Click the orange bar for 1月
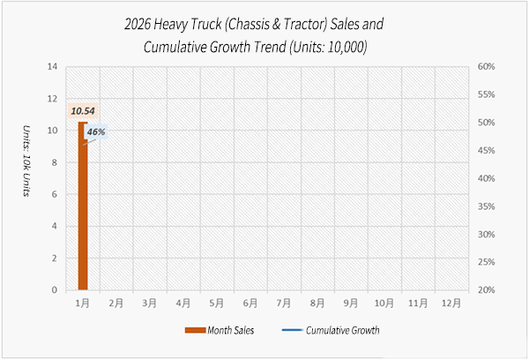pos(83,207)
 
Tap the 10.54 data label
pos(82,111)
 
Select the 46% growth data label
pos(96,131)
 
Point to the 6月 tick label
pos(250,303)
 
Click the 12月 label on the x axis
pos(451,303)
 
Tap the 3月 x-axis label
pos(150,303)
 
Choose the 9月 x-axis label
pos(351,303)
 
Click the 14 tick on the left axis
pos(53,66)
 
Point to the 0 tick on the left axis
pos(56,289)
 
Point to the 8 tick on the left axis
pos(56,162)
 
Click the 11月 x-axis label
pos(418,303)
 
